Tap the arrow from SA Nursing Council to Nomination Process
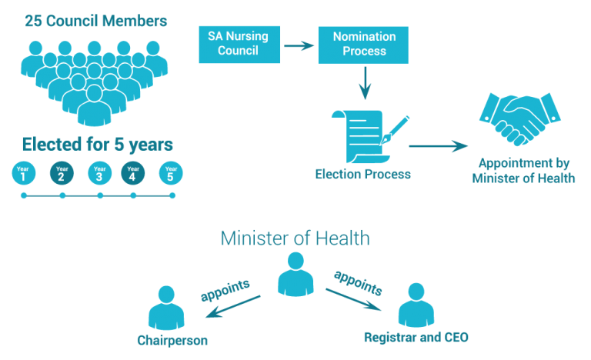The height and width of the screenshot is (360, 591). pos(299,46)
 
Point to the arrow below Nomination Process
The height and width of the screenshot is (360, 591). pos(365,83)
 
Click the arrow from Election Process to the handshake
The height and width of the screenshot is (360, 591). pos(438,145)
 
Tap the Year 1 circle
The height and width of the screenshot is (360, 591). pos(24,172)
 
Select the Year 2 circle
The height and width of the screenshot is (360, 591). pos(62,172)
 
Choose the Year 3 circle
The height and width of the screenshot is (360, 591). pos(99,172)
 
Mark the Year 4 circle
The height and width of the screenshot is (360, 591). pos(133,172)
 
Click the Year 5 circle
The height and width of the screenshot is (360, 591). pos(171,172)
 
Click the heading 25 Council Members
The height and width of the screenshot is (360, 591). pos(95,22)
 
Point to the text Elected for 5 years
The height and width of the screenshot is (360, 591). pos(97,144)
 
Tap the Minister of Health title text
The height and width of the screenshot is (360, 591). pos(295,238)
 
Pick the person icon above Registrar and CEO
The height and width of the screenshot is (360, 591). pos(416,305)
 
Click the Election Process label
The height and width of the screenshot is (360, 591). pos(363,175)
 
